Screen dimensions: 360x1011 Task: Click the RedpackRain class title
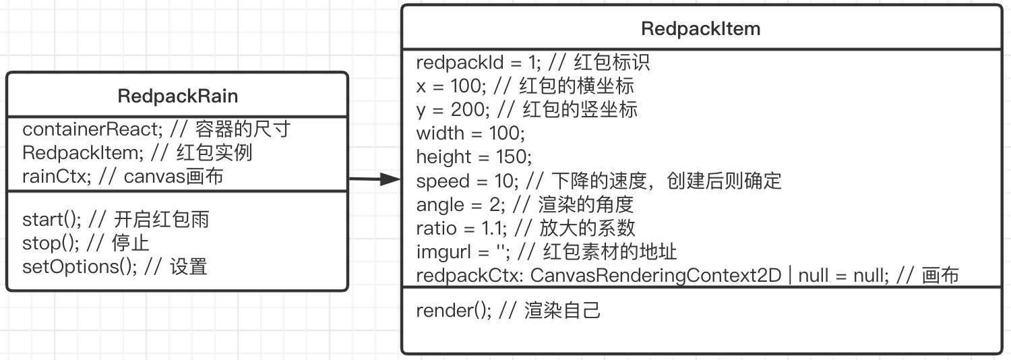click(177, 96)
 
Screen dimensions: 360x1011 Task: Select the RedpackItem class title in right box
click(701, 29)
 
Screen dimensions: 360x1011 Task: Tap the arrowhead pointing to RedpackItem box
click(391, 179)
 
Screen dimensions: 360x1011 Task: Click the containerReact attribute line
click(156, 129)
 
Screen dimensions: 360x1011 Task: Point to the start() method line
click(115, 219)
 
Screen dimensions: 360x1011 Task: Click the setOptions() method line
click(115, 266)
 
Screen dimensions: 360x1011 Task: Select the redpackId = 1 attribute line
click(532, 63)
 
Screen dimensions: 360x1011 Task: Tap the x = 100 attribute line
click(525, 86)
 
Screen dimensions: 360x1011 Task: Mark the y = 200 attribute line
click(526, 110)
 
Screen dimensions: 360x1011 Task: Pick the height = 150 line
click(474, 157)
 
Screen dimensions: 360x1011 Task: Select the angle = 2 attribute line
click(525, 204)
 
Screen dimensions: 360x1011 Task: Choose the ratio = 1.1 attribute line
click(526, 228)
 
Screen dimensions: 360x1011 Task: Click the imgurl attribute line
click(547, 251)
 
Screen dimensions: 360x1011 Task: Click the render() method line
click(508, 311)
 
